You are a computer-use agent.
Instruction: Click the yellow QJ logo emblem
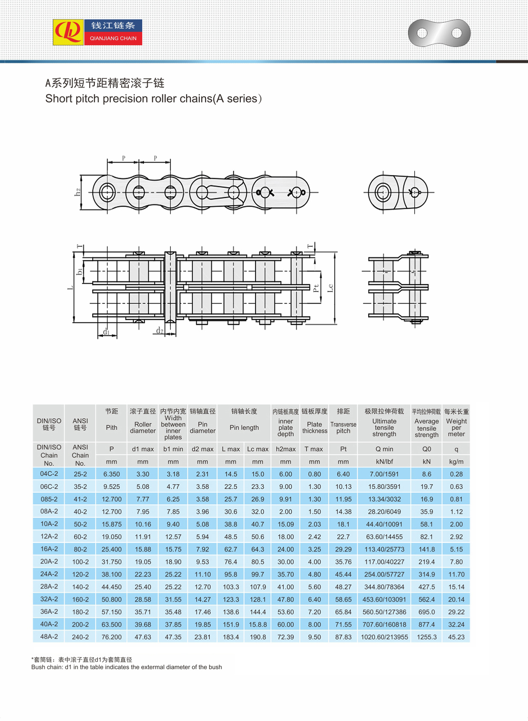coord(68,32)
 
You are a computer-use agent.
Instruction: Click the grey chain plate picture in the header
coord(439,33)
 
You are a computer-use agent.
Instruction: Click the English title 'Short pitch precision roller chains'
coord(153,99)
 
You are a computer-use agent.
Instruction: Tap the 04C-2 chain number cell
coord(49,474)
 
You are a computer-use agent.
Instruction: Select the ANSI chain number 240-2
coord(80,637)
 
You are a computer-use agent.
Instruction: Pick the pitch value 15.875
coord(112,524)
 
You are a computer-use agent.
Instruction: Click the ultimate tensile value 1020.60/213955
coord(384,637)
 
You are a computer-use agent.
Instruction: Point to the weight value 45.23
coord(456,637)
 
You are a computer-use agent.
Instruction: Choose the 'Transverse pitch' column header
coord(343,427)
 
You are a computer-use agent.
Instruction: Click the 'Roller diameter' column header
coord(143,427)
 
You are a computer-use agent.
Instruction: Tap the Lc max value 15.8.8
coord(257,624)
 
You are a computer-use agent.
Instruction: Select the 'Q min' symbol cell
coord(384,449)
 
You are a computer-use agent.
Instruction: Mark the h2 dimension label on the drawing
coord(78,192)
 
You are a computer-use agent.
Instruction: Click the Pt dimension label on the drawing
coord(316,288)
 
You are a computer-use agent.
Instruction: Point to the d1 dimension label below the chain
coord(106,332)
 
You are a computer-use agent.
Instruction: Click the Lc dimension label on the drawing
coord(331,288)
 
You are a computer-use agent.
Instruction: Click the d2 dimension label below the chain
coord(159,331)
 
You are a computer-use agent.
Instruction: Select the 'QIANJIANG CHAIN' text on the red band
coord(113,38)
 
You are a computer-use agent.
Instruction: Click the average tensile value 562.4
coord(426,599)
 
